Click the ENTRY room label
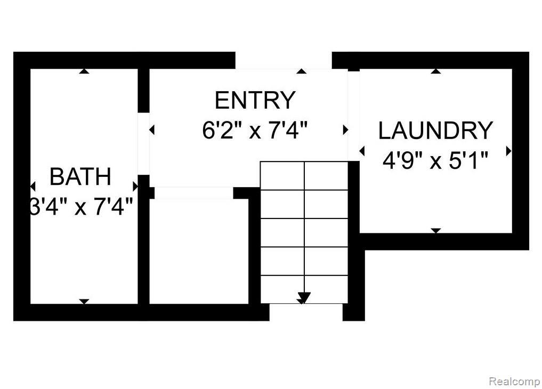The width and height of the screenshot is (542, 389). (x=255, y=100)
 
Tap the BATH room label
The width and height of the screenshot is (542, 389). (x=80, y=176)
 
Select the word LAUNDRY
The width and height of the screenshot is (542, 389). (x=435, y=131)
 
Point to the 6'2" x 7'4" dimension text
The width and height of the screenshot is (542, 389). (x=255, y=131)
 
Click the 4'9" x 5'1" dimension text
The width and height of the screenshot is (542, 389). (x=435, y=160)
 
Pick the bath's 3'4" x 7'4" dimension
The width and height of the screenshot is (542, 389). (x=81, y=207)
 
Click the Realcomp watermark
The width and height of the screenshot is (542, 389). (x=514, y=382)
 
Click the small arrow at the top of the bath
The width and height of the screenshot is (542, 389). (x=84, y=71)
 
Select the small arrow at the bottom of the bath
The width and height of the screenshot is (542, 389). (x=84, y=302)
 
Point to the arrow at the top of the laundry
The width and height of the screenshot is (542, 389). (x=436, y=71)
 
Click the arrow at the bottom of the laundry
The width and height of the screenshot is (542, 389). (x=436, y=230)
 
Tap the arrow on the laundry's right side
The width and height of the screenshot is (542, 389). (x=509, y=151)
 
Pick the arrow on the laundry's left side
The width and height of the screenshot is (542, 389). (x=362, y=151)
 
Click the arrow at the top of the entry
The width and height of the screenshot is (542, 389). (x=302, y=71)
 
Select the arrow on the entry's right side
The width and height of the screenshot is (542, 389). (x=345, y=130)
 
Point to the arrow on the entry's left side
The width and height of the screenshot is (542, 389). (x=152, y=130)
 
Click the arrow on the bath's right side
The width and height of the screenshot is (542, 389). (x=135, y=187)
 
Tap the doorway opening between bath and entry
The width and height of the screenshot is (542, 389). (x=143, y=143)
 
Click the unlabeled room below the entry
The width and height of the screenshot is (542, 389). (x=199, y=251)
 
